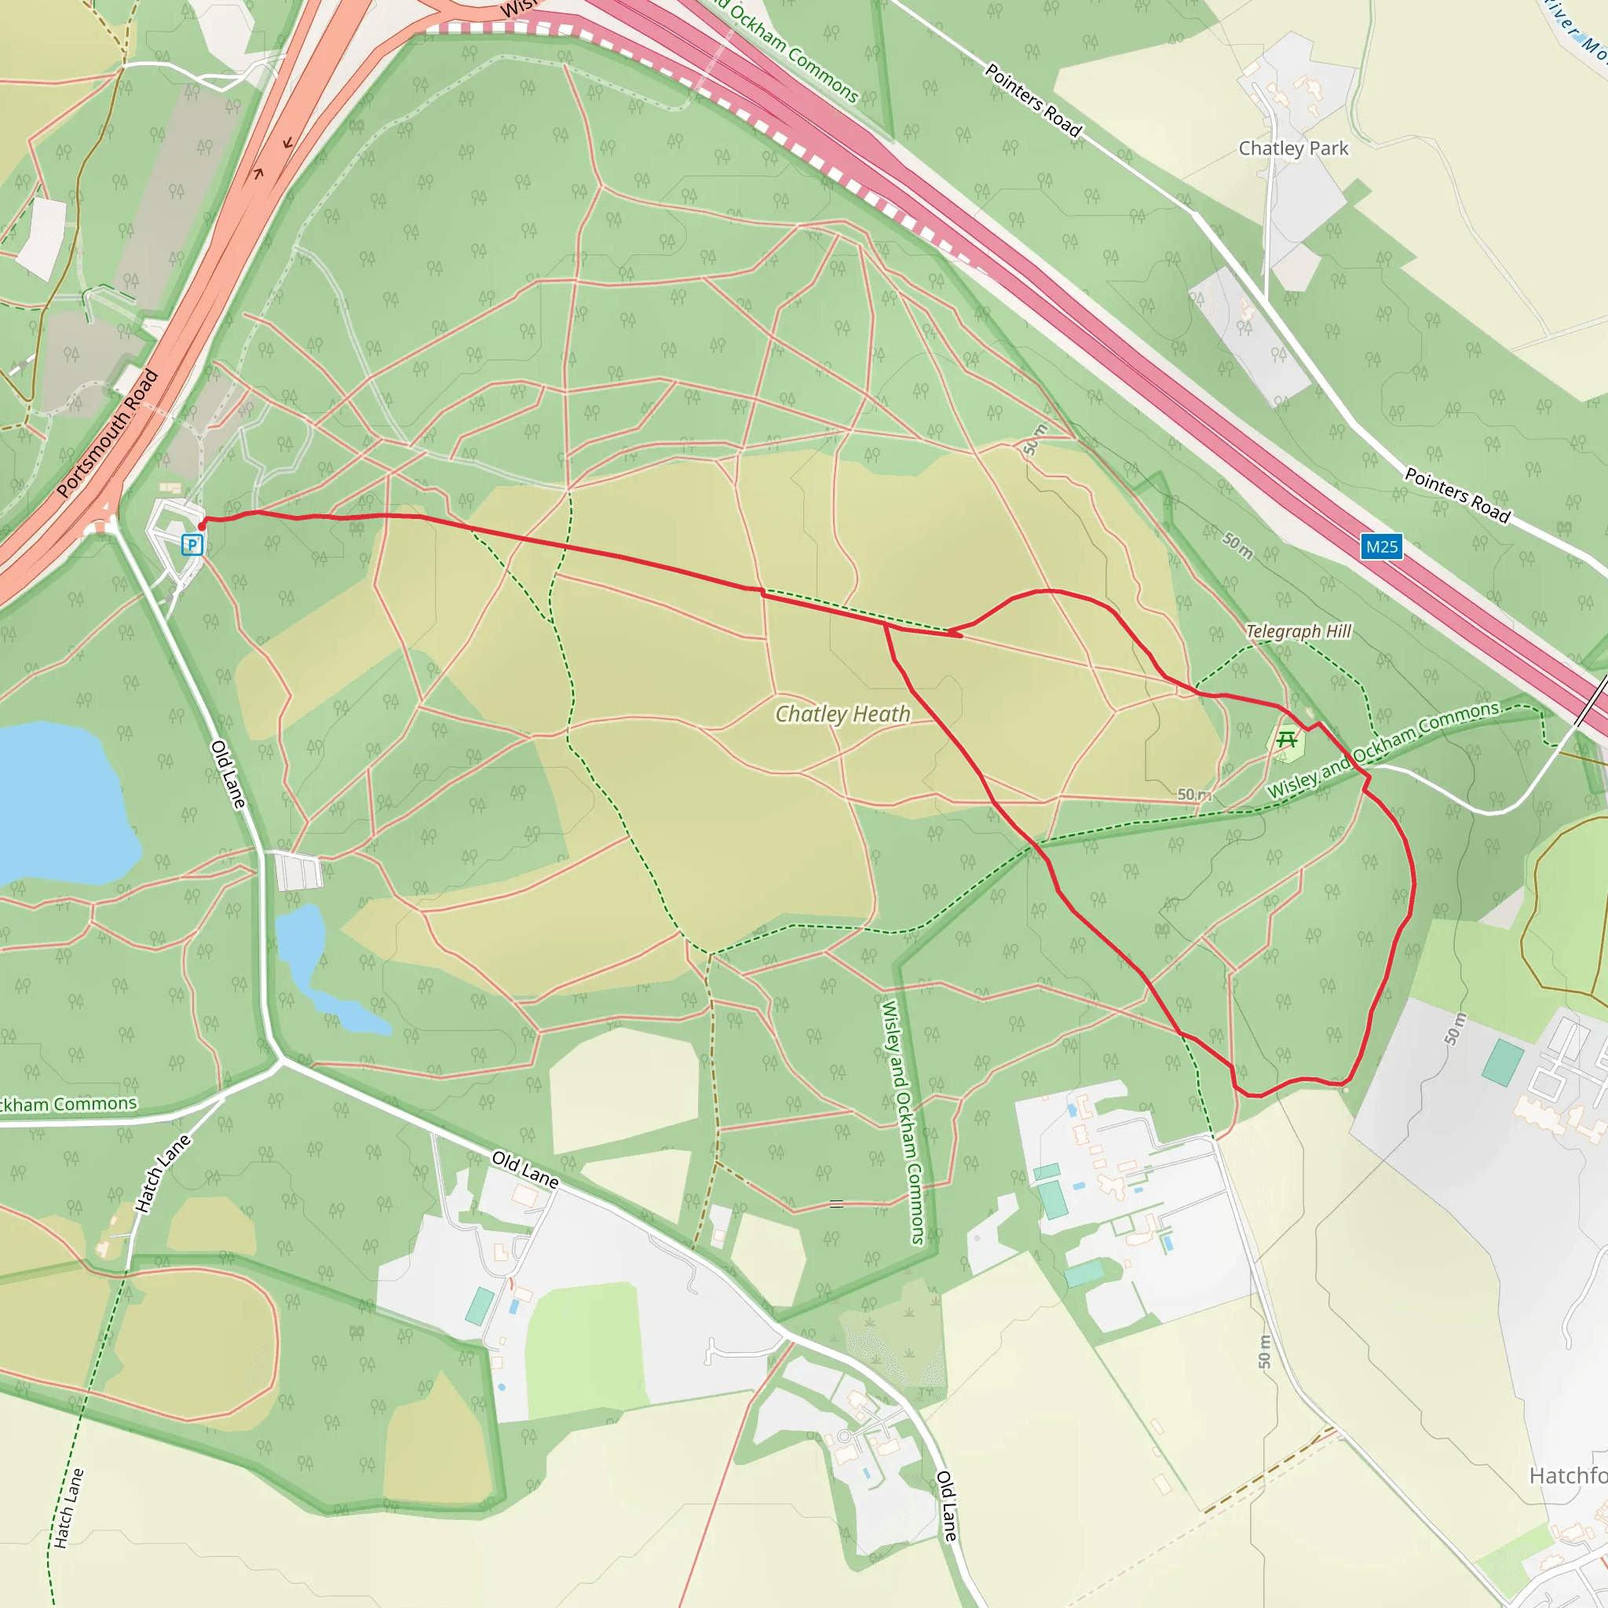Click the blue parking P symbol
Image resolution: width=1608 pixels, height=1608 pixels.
(x=192, y=545)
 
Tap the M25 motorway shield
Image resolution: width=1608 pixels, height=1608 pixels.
(x=1382, y=546)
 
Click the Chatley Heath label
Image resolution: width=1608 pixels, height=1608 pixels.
(x=842, y=714)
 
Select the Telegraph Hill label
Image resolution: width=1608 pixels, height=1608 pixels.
(x=1299, y=632)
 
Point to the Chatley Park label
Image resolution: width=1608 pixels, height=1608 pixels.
(x=1293, y=148)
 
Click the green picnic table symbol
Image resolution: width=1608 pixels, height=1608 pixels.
(x=1287, y=738)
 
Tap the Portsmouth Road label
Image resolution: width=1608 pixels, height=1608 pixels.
(x=108, y=433)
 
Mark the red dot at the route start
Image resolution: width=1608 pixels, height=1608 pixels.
(x=202, y=526)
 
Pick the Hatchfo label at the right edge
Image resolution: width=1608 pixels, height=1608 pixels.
(x=1568, y=1475)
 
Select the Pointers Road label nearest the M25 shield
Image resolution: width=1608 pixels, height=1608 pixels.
(x=1457, y=495)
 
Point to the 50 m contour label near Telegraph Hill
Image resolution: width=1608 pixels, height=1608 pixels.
(x=1237, y=546)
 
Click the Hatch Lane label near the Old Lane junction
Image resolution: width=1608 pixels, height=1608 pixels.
(x=163, y=1173)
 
